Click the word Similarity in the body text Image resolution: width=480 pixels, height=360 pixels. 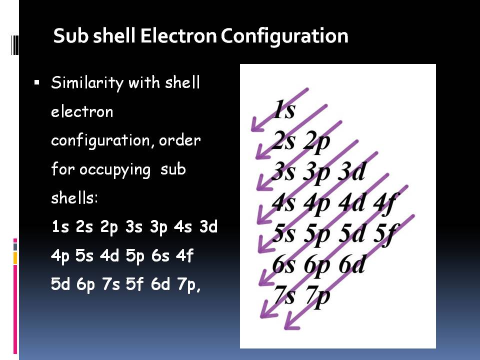pyautogui.click(x=87, y=83)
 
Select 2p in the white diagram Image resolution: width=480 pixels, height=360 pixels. pyautogui.click(x=317, y=141)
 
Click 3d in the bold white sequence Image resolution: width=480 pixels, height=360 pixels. pyautogui.click(x=208, y=227)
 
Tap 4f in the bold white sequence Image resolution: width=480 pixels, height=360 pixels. pyautogui.click(x=184, y=256)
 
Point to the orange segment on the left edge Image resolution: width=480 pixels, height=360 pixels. pyautogui.click(x=15, y=257)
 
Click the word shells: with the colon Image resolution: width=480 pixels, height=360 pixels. pyautogui.click(x=75, y=198)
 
